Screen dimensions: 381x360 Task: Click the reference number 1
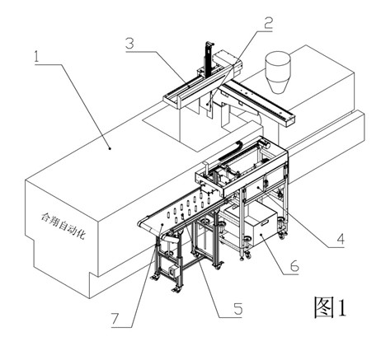click(x=36, y=57)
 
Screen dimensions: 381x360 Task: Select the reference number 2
click(x=268, y=23)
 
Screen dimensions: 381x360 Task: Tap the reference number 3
click(x=130, y=43)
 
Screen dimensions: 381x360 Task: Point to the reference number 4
click(x=341, y=239)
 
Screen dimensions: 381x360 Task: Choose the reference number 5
click(x=238, y=309)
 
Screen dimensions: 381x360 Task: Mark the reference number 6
click(x=294, y=266)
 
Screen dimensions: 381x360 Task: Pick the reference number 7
click(x=115, y=319)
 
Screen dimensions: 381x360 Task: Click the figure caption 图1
click(x=330, y=307)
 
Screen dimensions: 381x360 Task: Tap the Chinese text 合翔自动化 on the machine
click(x=63, y=226)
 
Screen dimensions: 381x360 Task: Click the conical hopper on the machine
click(x=278, y=72)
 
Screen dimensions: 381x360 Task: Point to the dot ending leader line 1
click(x=110, y=148)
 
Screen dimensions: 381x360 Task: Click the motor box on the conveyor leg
click(x=174, y=271)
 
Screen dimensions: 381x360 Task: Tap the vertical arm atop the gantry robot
click(x=209, y=58)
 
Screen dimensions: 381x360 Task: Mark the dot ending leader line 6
click(x=261, y=235)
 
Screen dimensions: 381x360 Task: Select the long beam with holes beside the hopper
click(x=259, y=102)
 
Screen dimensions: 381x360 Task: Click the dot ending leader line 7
click(x=162, y=225)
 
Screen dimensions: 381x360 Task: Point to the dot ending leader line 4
click(x=259, y=187)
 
